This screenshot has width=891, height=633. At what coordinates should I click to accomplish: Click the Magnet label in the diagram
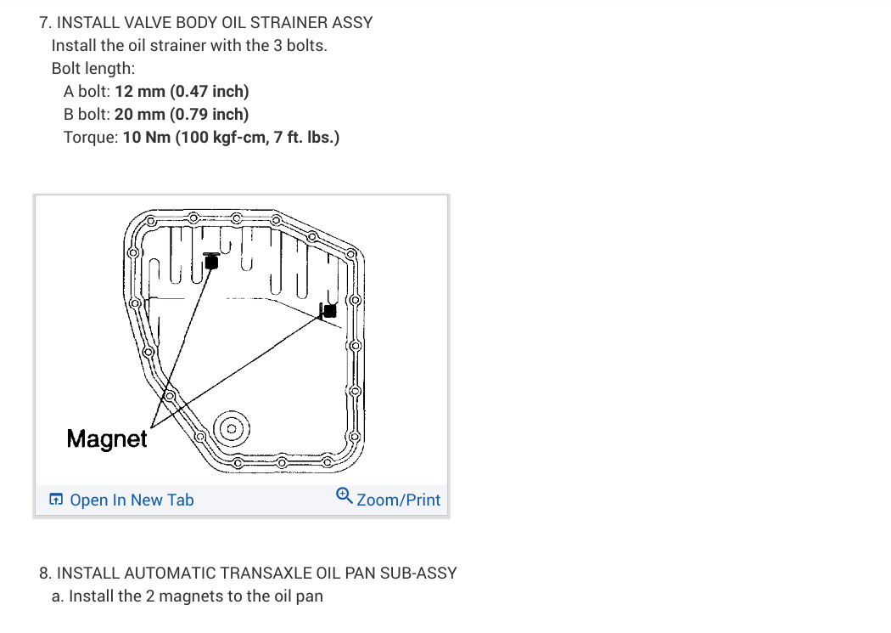click(x=106, y=438)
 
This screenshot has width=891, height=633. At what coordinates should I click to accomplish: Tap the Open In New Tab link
click(x=132, y=500)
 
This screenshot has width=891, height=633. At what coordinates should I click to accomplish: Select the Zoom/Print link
click(x=398, y=500)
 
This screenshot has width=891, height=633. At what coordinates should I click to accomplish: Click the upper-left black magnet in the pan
click(x=211, y=262)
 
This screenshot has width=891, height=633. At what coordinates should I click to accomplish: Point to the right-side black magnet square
click(x=329, y=311)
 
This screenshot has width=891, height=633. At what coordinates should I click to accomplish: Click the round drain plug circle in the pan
click(x=230, y=428)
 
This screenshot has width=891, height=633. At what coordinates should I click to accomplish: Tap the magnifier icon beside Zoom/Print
click(x=344, y=495)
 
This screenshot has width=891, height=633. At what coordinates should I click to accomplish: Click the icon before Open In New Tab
click(x=56, y=500)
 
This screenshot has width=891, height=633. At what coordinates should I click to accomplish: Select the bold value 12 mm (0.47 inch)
click(x=182, y=91)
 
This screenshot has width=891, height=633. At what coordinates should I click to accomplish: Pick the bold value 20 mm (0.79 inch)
click(x=182, y=114)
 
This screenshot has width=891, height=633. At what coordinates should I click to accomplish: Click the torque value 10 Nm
click(x=147, y=137)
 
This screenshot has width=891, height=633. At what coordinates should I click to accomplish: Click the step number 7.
click(x=44, y=22)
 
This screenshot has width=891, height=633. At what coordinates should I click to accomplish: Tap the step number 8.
click(x=44, y=573)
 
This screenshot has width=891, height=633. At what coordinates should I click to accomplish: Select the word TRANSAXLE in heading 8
click(x=241, y=573)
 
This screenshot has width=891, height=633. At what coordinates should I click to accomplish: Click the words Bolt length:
click(x=93, y=68)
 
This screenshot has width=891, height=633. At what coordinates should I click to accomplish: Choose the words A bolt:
click(x=87, y=91)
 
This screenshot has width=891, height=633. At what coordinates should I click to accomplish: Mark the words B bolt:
click(x=87, y=114)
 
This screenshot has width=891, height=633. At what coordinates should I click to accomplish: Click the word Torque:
click(x=90, y=137)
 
